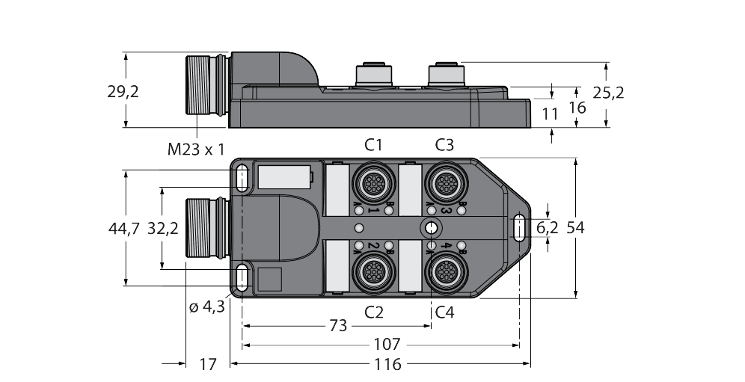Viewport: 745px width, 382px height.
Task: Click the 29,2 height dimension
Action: point(124,92)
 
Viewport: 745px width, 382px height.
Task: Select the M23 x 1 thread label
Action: point(196,150)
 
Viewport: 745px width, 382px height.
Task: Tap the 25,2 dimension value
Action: point(607,92)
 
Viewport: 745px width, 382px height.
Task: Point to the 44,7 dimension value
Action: point(124,229)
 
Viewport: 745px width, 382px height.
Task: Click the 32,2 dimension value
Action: point(164,229)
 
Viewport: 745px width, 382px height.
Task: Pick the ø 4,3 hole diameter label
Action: point(207,306)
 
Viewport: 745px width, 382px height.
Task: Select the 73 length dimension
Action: point(339,325)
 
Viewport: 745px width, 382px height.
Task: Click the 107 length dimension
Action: point(387,345)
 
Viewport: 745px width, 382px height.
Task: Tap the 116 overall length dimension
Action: point(386,364)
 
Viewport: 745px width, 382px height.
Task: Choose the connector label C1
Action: point(374,144)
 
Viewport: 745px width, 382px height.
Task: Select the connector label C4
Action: point(444,311)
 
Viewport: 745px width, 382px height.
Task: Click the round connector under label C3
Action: point(444,183)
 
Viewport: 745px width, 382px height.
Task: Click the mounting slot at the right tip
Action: point(518,227)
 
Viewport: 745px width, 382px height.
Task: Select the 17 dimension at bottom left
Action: point(208,364)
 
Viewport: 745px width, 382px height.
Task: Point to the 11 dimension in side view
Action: point(551,114)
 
